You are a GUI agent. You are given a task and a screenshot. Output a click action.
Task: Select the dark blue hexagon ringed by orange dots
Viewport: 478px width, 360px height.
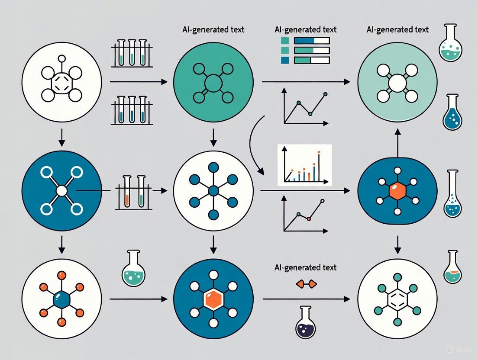pyautogui.click(x=61, y=299)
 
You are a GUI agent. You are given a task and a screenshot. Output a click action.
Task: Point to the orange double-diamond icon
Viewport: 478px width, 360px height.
pyautogui.click(x=306, y=284)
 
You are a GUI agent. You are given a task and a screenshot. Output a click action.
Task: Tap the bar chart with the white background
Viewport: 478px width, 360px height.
pyautogui.click(x=304, y=165)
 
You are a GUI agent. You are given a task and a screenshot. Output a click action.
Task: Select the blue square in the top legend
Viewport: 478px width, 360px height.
pyautogui.click(x=284, y=61)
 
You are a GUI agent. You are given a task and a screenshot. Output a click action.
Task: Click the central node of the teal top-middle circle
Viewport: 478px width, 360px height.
pyautogui.click(x=213, y=83)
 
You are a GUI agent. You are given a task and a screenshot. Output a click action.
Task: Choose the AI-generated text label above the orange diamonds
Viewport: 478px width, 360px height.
pyautogui.click(x=305, y=267)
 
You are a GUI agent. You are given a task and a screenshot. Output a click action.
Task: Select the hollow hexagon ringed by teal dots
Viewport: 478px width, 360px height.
pyautogui.click(x=397, y=299)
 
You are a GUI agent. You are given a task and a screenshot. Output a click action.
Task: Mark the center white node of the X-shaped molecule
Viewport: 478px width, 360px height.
pyautogui.click(x=61, y=190)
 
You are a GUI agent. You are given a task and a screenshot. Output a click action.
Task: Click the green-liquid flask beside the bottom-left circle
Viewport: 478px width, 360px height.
pyautogui.click(x=133, y=268)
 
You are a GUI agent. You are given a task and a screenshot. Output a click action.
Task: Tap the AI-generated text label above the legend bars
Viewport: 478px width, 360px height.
pyautogui.click(x=305, y=30)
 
